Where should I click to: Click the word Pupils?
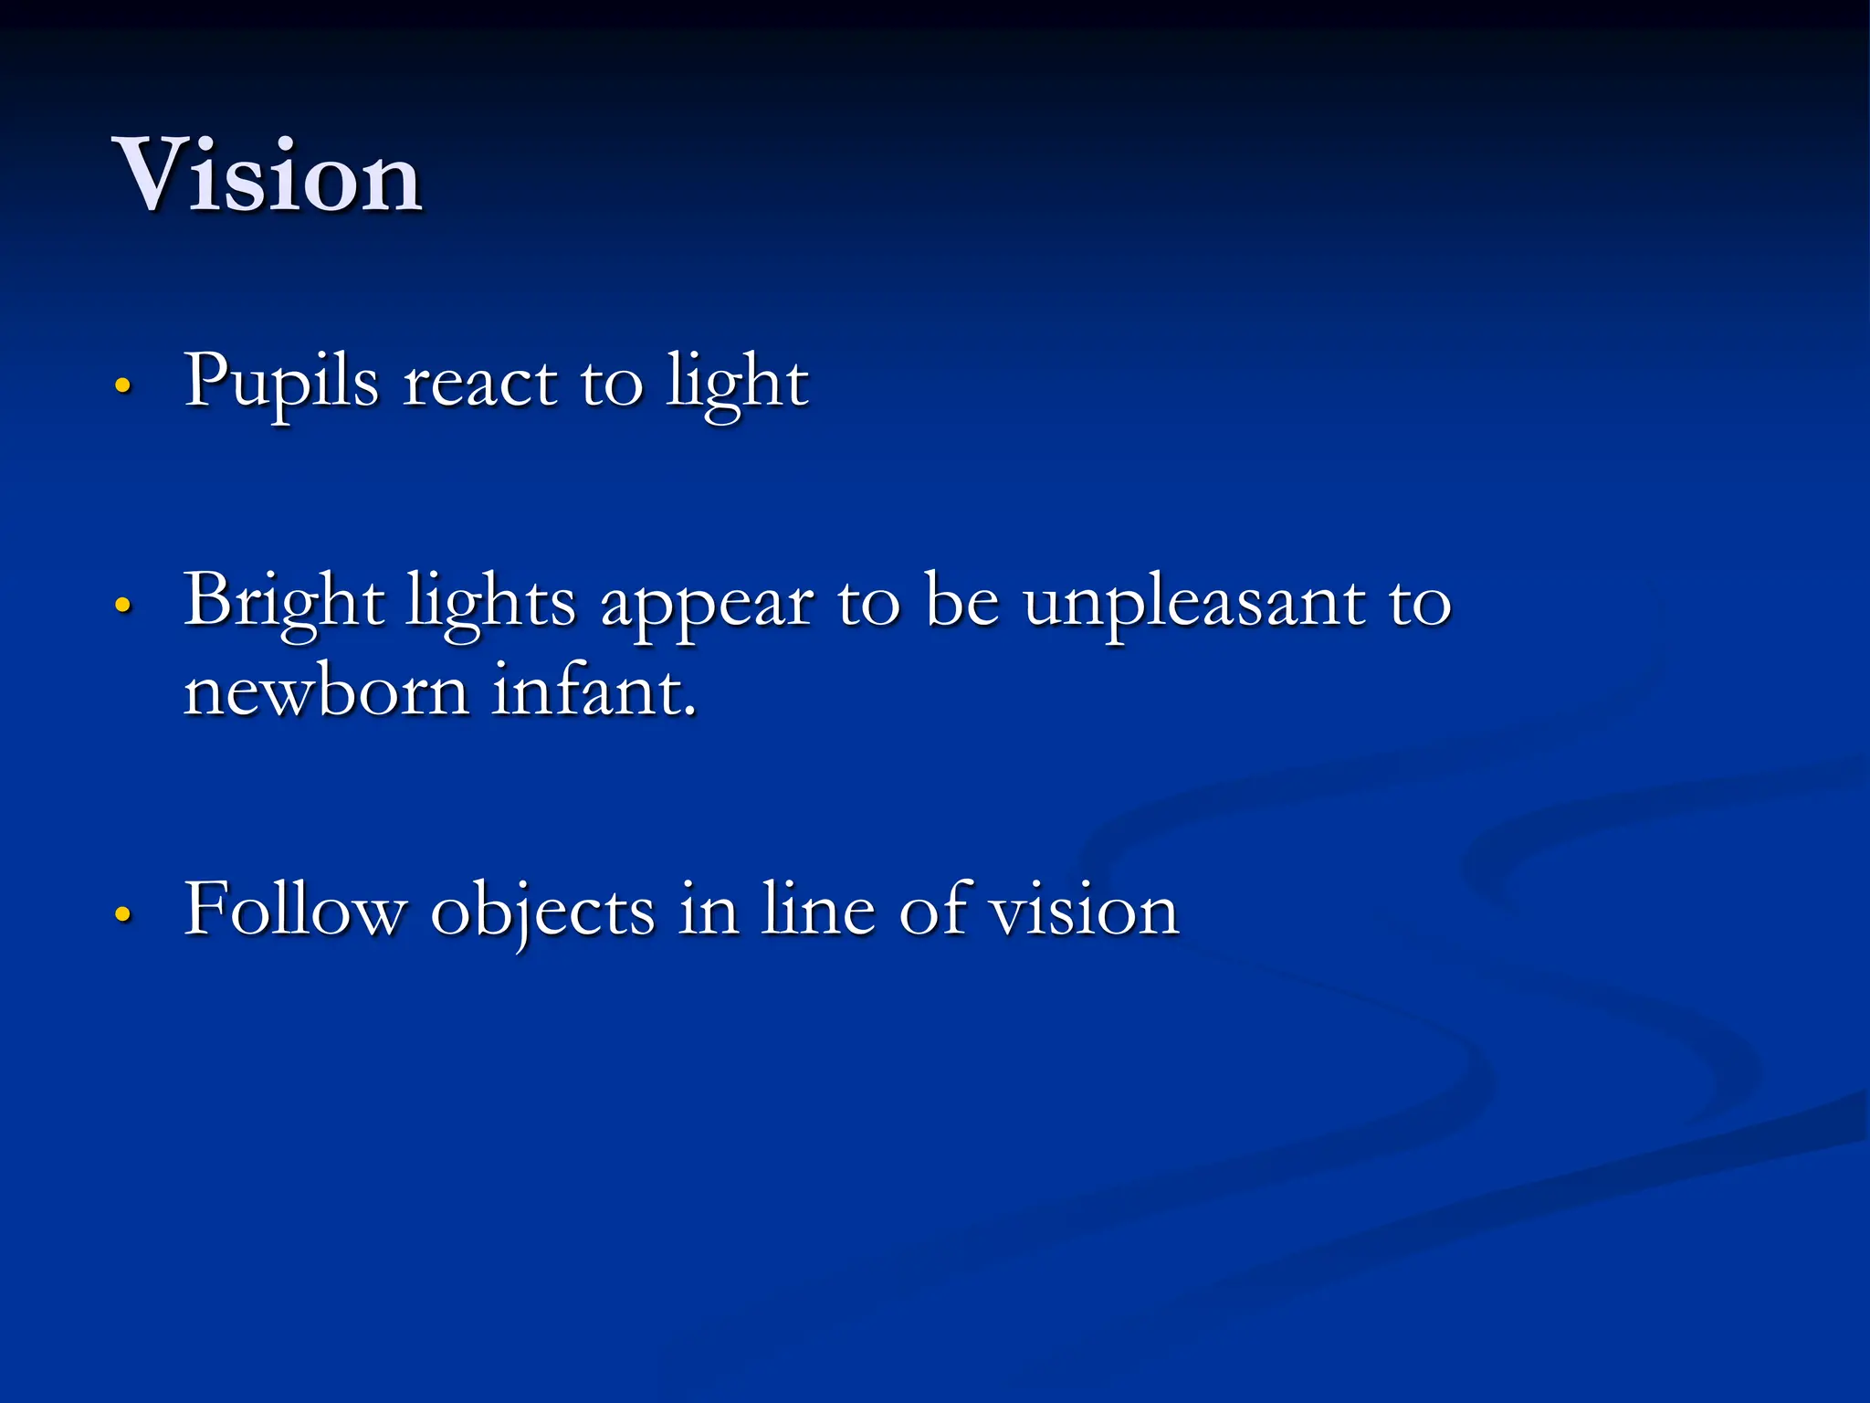tap(281, 384)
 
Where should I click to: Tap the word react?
tap(479, 384)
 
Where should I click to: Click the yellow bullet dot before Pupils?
tap(123, 385)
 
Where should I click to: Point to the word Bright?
tap(283, 603)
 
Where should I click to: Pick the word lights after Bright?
tap(491, 603)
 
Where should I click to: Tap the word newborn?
tap(326, 691)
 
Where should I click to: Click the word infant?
tap(594, 691)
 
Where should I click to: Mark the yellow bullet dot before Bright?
tap(123, 605)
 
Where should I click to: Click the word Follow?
tap(295, 911)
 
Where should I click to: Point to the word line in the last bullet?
tap(818, 911)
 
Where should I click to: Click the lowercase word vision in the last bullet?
tap(1085, 911)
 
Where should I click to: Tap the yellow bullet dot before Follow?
tap(123, 913)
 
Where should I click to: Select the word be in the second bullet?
tap(961, 603)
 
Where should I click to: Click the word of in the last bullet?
tap(933, 911)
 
